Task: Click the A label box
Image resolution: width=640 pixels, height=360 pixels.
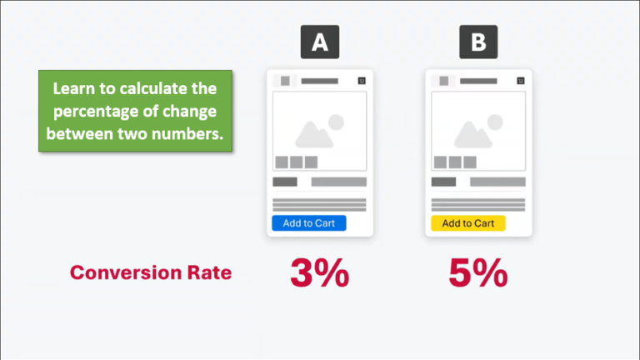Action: (x=320, y=42)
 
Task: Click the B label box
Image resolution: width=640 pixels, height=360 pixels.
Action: (x=478, y=42)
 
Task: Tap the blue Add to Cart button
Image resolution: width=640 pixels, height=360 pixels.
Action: (x=308, y=223)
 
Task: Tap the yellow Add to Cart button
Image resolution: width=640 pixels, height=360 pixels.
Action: (x=467, y=223)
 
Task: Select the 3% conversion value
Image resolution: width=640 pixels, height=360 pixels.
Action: (x=319, y=273)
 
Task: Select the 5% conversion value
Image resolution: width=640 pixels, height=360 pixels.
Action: (x=477, y=273)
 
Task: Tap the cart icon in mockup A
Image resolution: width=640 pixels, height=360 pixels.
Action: (x=361, y=81)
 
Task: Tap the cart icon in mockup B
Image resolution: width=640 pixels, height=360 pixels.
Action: (x=520, y=81)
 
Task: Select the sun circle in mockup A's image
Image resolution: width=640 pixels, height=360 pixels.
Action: (x=336, y=122)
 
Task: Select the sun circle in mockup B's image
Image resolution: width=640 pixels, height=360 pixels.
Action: (x=495, y=122)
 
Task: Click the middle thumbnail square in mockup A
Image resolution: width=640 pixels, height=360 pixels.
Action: (x=296, y=162)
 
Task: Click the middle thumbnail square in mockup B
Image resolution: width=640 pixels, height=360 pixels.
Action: (x=455, y=162)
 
